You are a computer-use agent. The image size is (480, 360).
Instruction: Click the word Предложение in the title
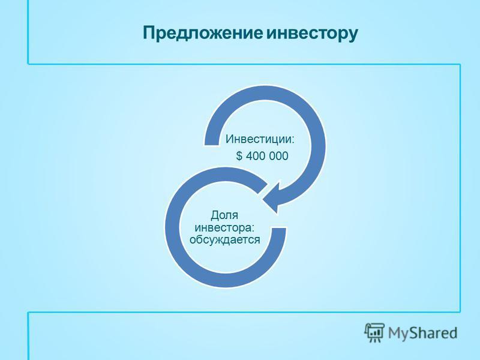[x=203, y=33]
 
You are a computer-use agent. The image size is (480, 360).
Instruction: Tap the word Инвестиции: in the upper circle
[x=260, y=139]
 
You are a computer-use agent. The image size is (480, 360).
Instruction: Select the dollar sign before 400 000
[x=239, y=156]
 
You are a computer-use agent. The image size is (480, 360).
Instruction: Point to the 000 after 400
[x=278, y=156]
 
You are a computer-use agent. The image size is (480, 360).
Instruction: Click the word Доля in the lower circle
[x=224, y=215]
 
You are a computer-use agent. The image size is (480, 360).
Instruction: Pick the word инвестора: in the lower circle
[x=225, y=228]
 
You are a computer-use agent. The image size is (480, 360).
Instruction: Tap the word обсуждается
[x=225, y=239]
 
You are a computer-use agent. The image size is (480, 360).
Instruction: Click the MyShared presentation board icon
[x=374, y=332]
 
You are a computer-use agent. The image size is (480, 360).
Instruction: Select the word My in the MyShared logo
[x=398, y=333]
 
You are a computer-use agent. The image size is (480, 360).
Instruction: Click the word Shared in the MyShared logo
[x=433, y=332]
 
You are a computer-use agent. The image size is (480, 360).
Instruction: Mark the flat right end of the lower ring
[x=278, y=228]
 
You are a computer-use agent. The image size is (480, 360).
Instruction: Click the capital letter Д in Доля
[x=215, y=215]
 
